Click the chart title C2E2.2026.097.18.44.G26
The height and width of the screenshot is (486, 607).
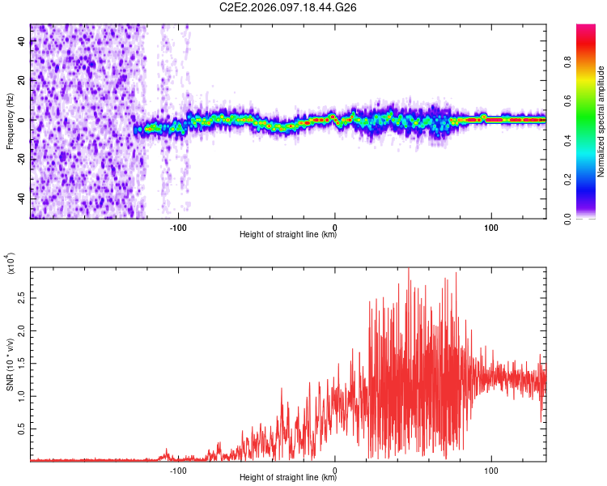point(289,7)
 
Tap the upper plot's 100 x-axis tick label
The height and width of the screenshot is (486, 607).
point(490,226)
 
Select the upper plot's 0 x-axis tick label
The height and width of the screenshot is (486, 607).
point(335,226)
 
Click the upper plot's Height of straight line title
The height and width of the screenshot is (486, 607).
point(288,236)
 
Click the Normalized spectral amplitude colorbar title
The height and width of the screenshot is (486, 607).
point(601,122)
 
